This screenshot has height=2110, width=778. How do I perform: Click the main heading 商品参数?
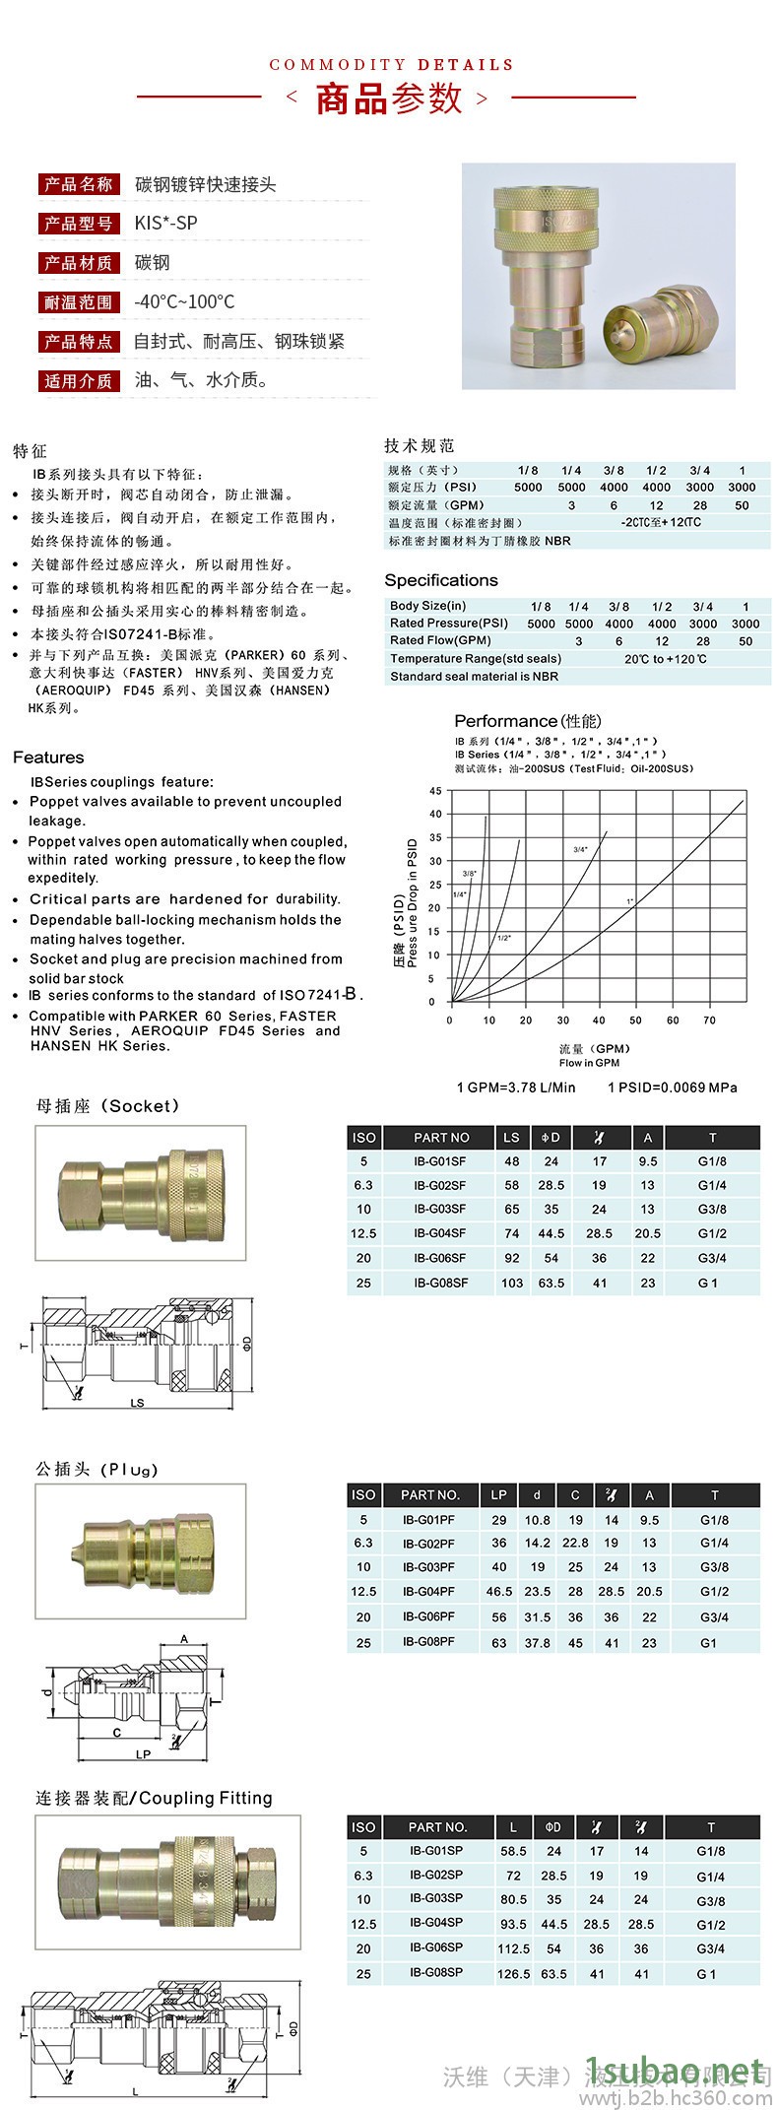(388, 99)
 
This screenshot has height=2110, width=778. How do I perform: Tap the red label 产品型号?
(79, 224)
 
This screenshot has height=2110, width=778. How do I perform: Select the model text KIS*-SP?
(165, 224)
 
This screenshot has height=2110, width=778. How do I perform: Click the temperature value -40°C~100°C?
(184, 302)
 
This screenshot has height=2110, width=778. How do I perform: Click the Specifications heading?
(441, 580)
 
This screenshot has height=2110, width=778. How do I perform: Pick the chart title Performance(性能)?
(527, 721)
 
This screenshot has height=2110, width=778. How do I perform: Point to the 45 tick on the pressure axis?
(435, 791)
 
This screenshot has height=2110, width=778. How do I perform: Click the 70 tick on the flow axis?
(709, 1021)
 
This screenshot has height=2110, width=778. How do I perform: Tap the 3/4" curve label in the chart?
(581, 849)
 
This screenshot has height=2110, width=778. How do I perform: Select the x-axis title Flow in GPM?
(589, 1063)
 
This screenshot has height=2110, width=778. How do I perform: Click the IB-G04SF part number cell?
(440, 1233)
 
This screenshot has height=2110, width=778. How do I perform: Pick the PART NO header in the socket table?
(441, 1138)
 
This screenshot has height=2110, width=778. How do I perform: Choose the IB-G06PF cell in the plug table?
(428, 1616)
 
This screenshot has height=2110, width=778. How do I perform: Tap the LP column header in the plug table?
(499, 1494)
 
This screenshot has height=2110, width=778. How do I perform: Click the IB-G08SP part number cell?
(436, 1973)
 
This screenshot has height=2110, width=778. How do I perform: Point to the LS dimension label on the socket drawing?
(137, 1403)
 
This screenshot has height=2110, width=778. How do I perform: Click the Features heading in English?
(48, 758)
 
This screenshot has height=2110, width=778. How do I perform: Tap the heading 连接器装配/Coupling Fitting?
(155, 1798)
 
